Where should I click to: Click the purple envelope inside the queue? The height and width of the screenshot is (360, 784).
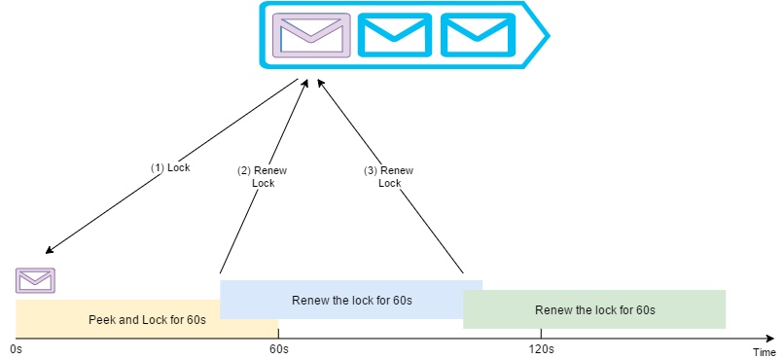(x=310, y=35)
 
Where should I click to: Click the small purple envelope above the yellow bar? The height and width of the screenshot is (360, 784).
(x=36, y=280)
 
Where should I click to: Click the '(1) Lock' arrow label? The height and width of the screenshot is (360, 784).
(x=170, y=167)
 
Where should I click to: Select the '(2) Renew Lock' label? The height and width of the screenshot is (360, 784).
(x=263, y=176)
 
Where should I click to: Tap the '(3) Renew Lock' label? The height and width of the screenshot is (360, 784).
(x=389, y=176)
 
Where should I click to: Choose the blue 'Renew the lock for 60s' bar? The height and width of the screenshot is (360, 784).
(x=351, y=300)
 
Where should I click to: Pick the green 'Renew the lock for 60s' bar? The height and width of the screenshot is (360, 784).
(x=594, y=309)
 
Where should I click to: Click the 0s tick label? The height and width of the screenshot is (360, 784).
(x=15, y=348)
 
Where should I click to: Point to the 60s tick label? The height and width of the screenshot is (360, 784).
(x=278, y=348)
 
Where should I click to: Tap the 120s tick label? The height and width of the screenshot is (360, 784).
(x=541, y=348)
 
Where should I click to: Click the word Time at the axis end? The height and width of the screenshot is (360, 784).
(x=764, y=351)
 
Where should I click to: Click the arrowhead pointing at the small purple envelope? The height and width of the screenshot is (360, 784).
(x=49, y=250)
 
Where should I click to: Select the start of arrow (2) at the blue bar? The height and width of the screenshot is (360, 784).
(x=221, y=272)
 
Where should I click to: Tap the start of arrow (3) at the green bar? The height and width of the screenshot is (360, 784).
(x=463, y=273)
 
